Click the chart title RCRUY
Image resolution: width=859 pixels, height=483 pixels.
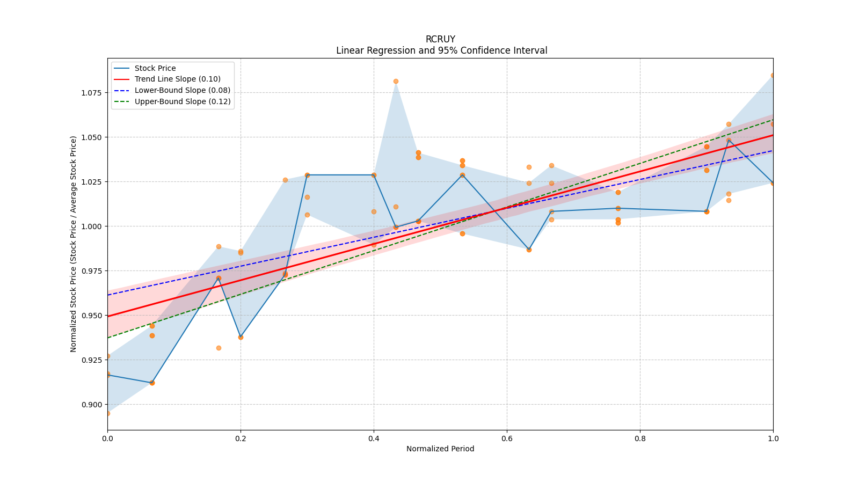440,39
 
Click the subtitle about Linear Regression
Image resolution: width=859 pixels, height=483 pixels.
441,50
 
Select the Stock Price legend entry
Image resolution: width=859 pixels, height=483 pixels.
155,68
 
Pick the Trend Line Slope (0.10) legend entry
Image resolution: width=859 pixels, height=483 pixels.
177,79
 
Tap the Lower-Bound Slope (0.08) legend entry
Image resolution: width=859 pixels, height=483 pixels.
182,90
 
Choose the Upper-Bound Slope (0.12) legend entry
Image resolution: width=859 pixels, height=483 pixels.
183,101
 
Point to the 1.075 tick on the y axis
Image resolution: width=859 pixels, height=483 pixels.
91,93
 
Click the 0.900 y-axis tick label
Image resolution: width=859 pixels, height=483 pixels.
91,405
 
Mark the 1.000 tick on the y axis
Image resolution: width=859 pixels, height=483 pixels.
91,226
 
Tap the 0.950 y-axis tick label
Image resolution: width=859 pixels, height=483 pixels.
91,316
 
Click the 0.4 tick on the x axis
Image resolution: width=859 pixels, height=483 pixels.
374,438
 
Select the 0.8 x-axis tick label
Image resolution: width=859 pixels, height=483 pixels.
640,438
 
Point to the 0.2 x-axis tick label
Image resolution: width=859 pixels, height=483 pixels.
241,438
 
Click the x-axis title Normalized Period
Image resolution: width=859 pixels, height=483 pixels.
440,449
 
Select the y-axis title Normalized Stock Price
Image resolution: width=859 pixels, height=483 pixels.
74,244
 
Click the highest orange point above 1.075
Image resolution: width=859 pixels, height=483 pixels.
396,81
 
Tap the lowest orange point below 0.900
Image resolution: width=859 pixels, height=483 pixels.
107,413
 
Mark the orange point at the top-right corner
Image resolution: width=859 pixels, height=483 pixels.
773,75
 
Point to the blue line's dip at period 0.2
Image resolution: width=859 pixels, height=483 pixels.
241,337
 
